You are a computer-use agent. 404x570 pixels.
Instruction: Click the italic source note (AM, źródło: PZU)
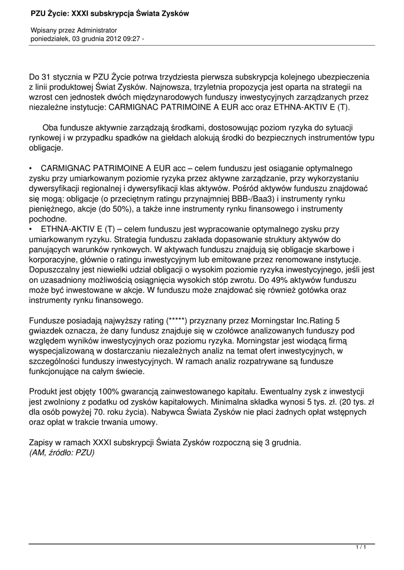pos(62,453)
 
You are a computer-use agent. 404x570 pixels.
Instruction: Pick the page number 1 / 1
pos(361,548)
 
